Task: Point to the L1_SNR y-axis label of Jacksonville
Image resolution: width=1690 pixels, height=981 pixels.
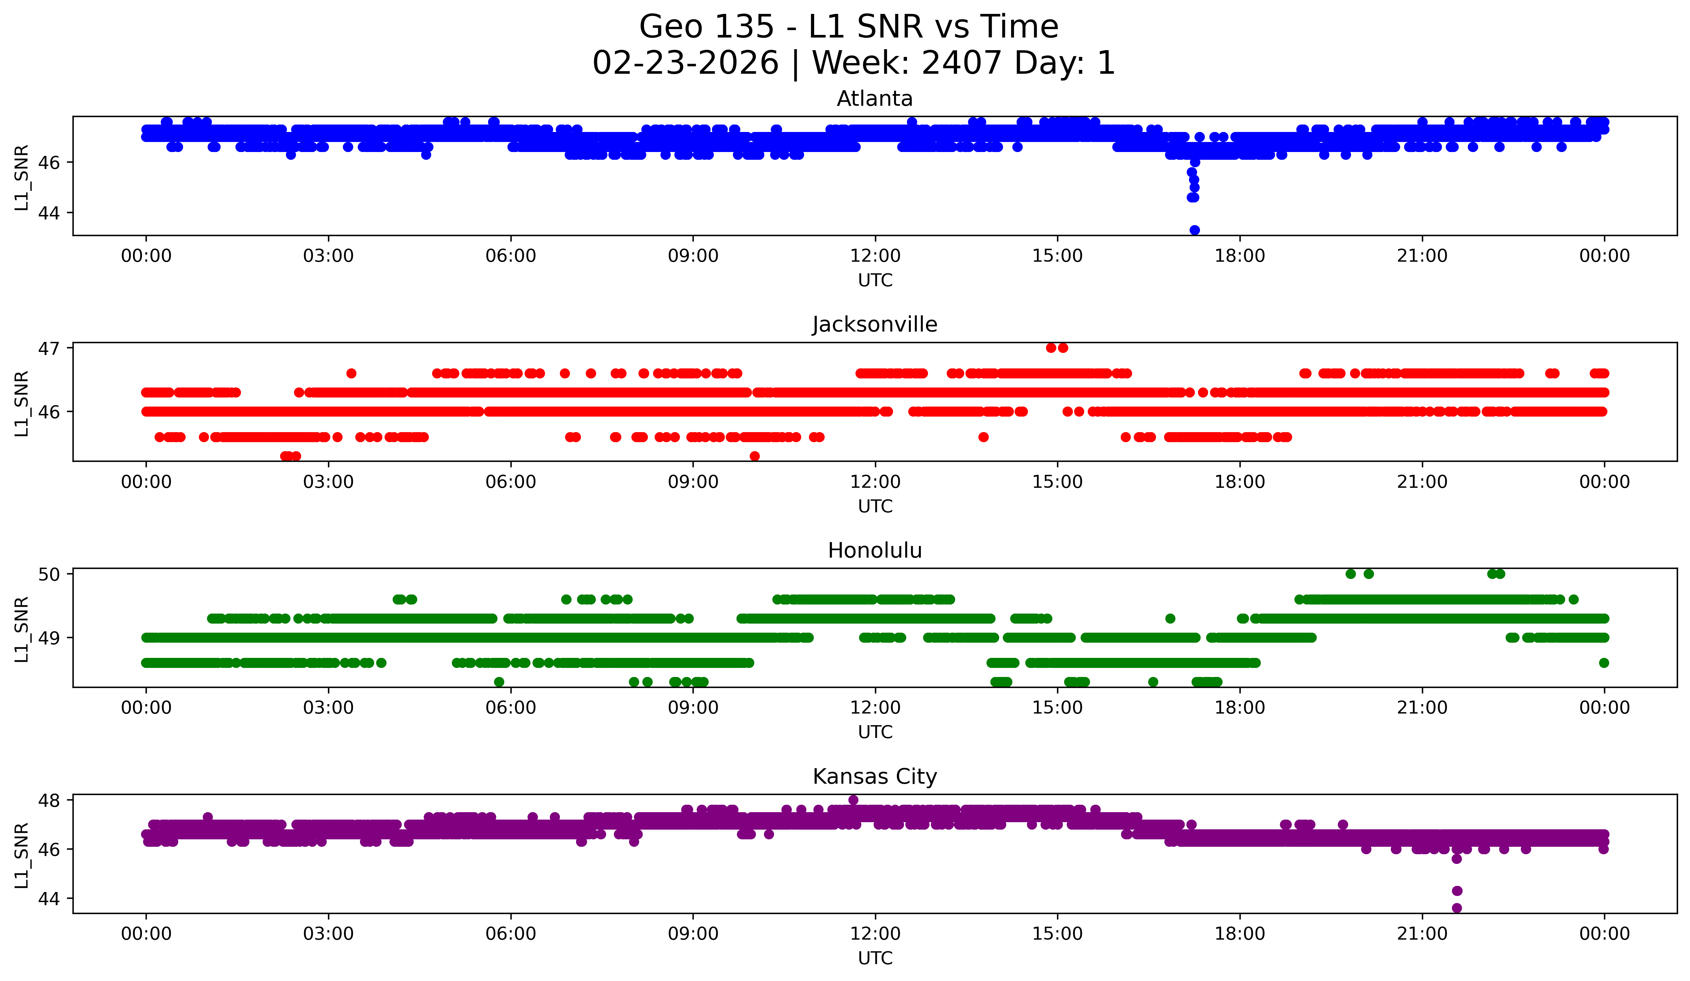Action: [x=21, y=404]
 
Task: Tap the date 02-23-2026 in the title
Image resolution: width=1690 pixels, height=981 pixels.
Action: [x=685, y=63]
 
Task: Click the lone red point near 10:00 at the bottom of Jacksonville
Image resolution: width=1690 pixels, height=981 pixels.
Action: [x=755, y=456]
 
